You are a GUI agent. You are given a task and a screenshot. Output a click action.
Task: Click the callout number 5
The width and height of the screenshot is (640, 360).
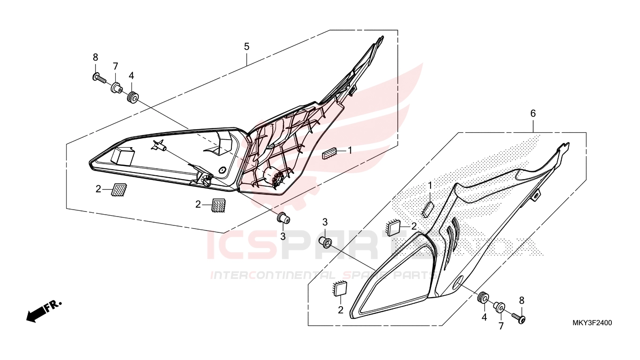(x=246, y=46)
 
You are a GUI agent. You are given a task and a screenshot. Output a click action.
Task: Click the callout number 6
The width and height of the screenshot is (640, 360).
(x=533, y=114)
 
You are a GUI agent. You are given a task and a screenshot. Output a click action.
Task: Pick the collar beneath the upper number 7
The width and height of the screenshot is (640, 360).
(x=117, y=87)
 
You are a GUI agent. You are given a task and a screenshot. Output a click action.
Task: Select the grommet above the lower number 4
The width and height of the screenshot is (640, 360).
(x=484, y=298)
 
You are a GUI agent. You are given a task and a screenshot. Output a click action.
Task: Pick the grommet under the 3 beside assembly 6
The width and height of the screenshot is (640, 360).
(x=325, y=242)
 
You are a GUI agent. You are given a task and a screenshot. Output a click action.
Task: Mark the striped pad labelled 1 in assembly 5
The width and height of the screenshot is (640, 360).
(x=329, y=154)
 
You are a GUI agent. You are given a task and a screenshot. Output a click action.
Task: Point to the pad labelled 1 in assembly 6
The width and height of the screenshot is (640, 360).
(x=428, y=210)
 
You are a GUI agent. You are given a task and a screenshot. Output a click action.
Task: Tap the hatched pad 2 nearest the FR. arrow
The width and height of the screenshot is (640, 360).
(x=119, y=189)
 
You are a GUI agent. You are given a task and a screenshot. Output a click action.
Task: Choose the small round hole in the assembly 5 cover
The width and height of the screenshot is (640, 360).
(x=222, y=171)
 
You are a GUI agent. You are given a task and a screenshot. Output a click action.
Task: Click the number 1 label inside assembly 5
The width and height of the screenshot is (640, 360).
(x=350, y=150)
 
